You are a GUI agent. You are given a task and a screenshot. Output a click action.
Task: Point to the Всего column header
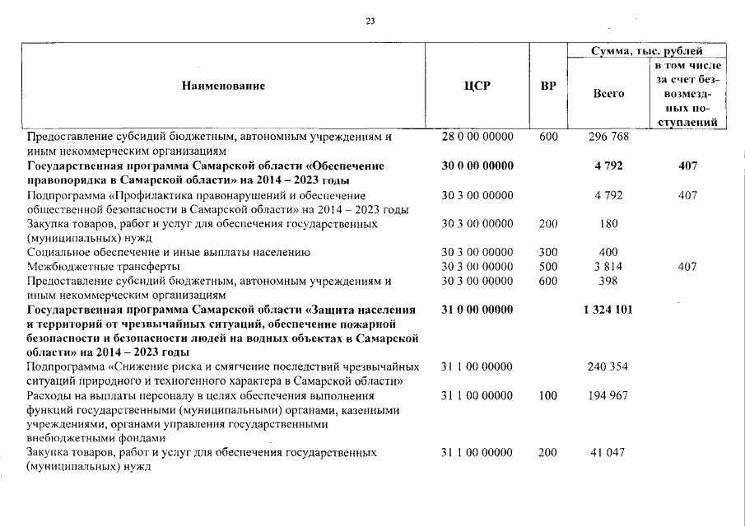coord(608,94)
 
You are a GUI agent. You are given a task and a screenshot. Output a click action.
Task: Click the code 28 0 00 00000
coord(477,137)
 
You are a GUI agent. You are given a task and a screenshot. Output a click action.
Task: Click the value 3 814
coord(608,267)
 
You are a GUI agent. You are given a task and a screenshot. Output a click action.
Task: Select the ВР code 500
coord(547,267)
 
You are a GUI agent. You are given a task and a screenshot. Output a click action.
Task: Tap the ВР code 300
coord(547,252)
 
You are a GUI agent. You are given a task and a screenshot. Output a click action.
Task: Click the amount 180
coord(608,223)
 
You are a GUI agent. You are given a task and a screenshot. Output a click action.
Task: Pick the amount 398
coord(608,281)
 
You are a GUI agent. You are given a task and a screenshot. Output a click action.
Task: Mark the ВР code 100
coord(547,396)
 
